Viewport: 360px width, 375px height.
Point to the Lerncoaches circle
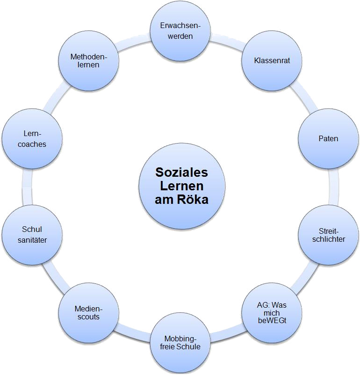pyautogui.click(x=32, y=139)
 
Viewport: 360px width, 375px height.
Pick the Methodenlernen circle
pyautogui.click(x=89, y=61)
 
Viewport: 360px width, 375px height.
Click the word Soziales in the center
pyautogui.click(x=181, y=173)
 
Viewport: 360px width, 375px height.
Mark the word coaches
pyautogui.click(x=32, y=144)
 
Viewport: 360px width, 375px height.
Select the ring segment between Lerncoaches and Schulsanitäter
pyautogui.click(x=23, y=187)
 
